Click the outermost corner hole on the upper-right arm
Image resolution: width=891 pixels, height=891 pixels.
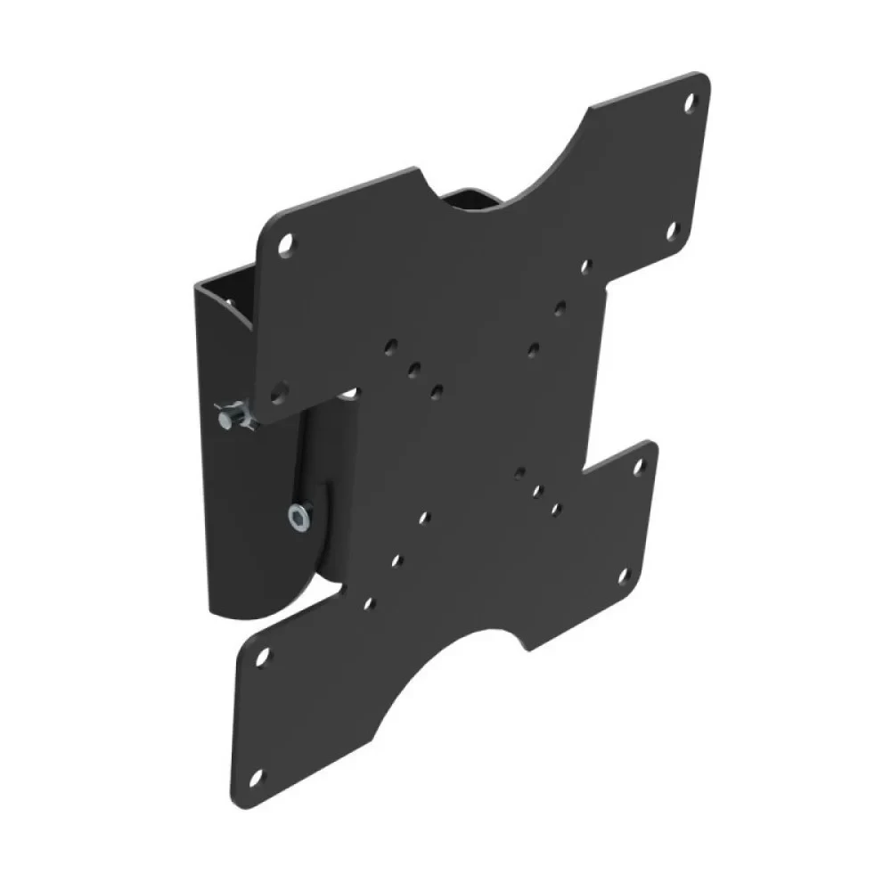tap(691, 104)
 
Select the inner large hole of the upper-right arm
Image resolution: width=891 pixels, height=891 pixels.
tap(674, 234)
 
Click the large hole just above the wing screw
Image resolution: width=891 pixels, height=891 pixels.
tap(278, 389)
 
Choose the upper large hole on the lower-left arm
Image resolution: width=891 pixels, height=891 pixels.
tap(261, 657)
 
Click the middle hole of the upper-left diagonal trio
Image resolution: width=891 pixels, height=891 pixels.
tap(413, 368)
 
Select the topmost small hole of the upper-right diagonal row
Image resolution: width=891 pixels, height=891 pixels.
tap(586, 266)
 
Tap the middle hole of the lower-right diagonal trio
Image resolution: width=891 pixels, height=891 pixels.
tap(537, 490)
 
